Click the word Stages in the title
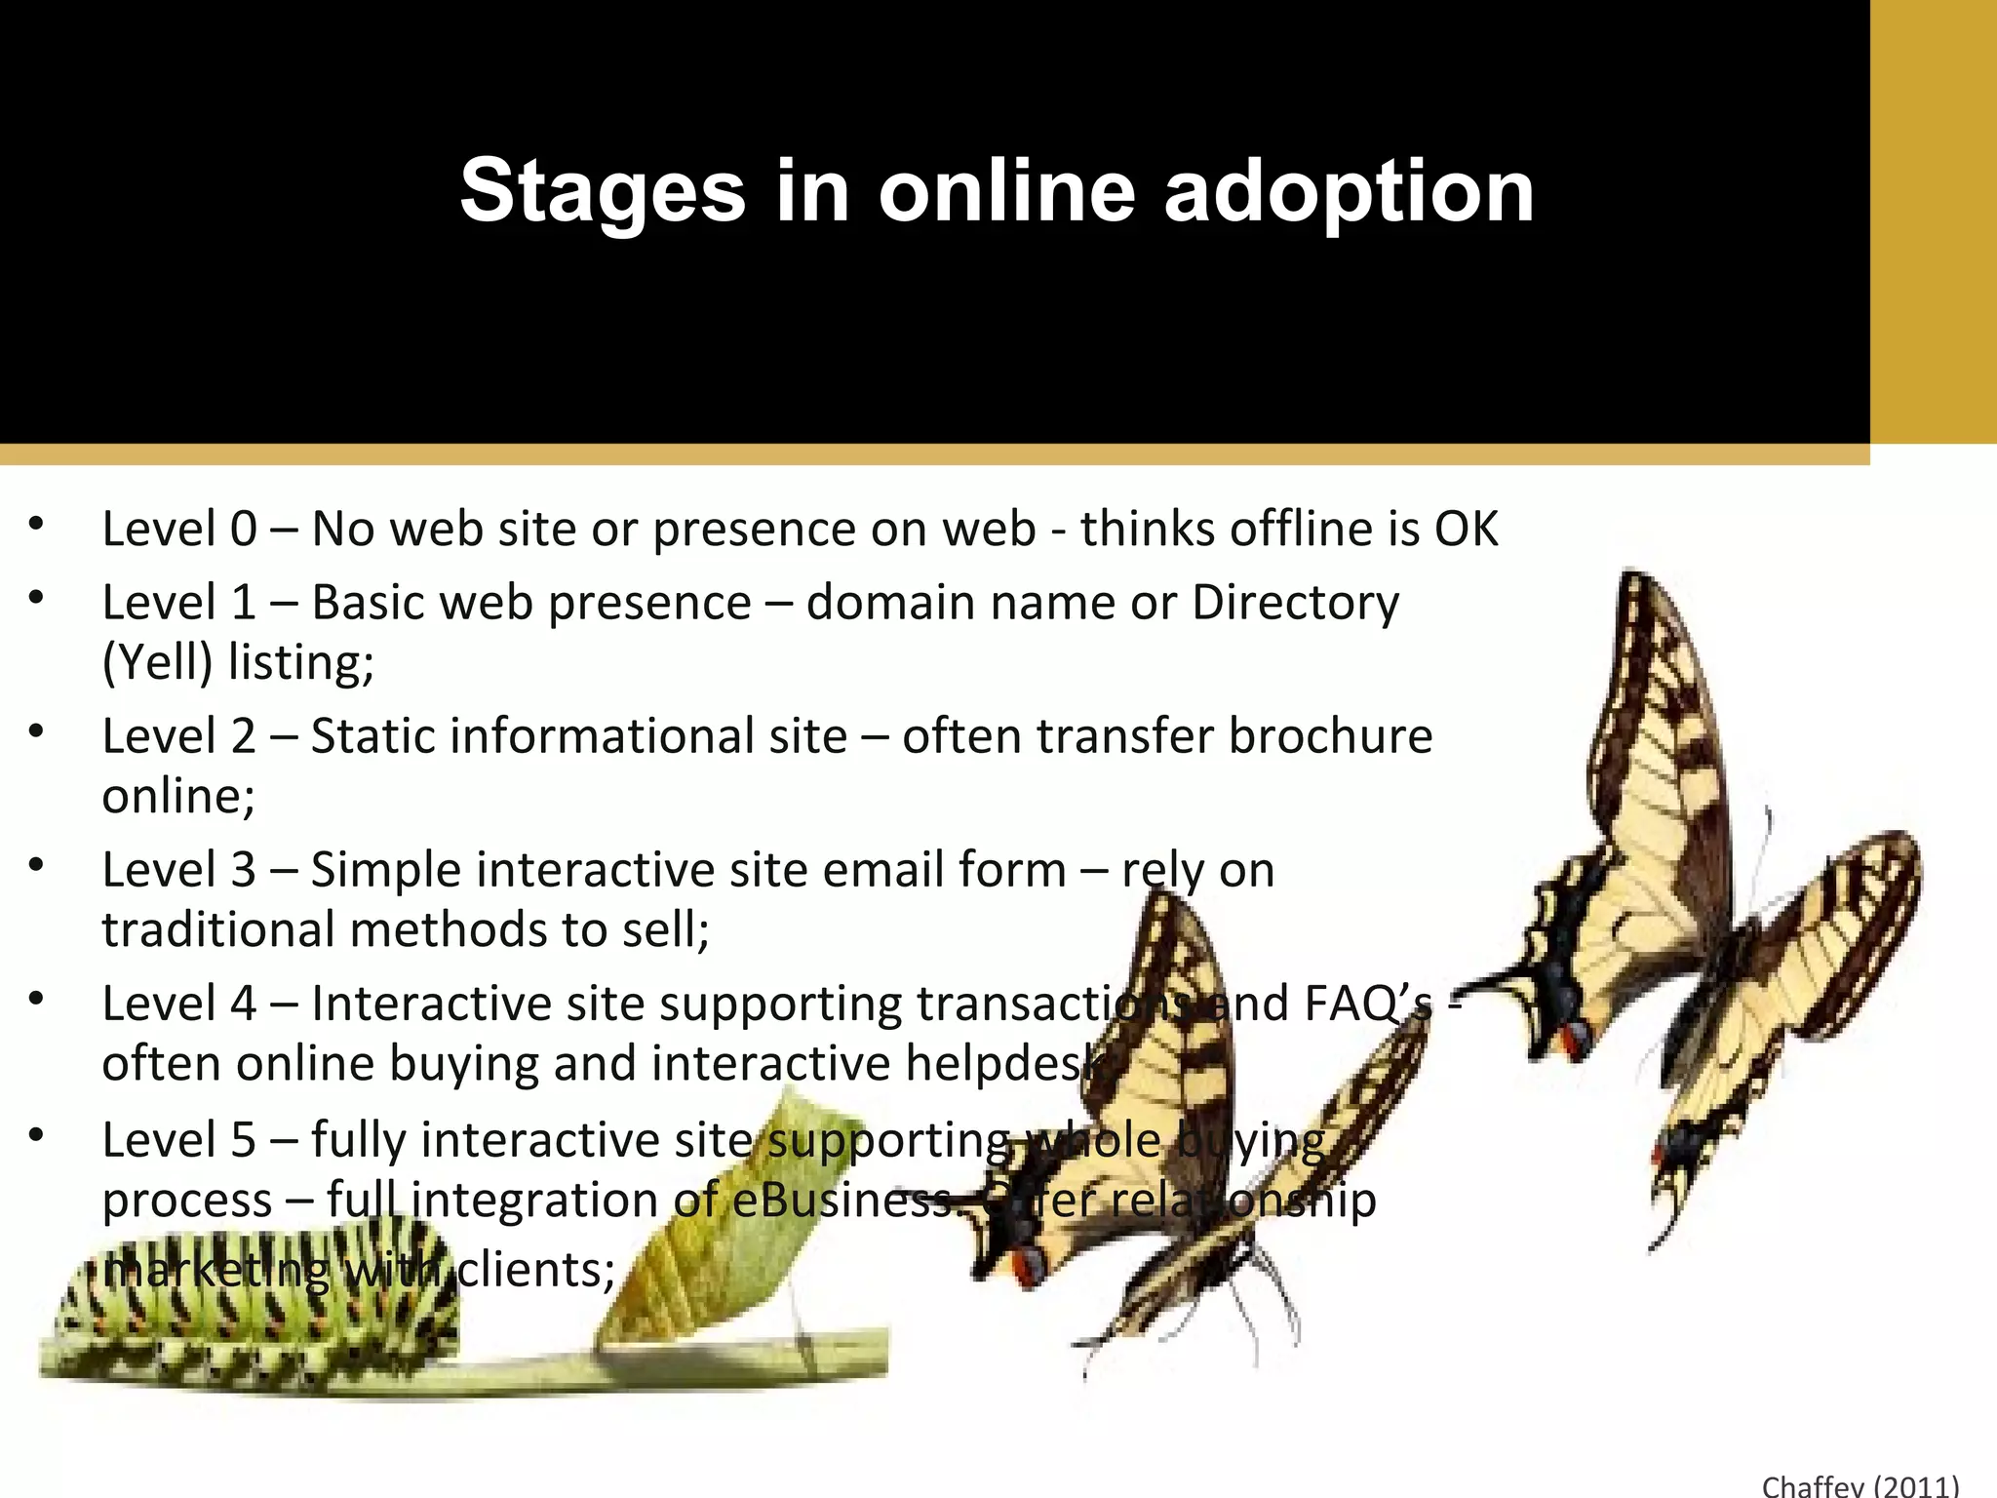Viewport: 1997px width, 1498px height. coord(602,192)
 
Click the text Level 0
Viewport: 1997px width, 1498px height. coord(179,529)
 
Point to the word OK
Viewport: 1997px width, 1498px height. coord(1466,529)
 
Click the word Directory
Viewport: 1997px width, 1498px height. coord(1295,603)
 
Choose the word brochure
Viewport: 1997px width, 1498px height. coord(1330,736)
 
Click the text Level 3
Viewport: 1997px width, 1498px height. coord(179,870)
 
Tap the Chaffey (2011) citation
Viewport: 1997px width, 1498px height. coord(1860,1485)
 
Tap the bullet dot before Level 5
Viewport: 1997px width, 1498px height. coord(37,1135)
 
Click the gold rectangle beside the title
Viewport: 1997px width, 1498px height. coord(1933,222)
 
